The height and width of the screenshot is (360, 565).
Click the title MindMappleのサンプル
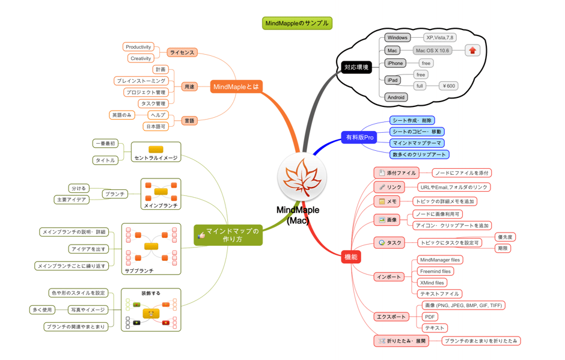(297, 23)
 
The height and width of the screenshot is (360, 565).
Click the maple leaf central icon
(302, 177)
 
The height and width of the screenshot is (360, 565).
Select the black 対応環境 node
(356, 67)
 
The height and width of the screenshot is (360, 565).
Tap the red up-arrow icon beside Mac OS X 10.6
(472, 50)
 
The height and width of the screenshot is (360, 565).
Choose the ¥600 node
(448, 86)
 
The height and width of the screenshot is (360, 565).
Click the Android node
(395, 97)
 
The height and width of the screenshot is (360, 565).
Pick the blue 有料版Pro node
(359, 137)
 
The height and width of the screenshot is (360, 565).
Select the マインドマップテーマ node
(417, 143)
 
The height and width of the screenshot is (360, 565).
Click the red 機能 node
(350, 257)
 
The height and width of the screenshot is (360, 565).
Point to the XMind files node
(432, 282)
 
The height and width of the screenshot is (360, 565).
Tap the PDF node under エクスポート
(430, 317)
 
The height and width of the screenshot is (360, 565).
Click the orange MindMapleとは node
(236, 87)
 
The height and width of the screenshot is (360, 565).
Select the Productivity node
(138, 47)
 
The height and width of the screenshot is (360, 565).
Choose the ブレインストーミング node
(141, 81)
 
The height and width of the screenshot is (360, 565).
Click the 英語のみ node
(122, 115)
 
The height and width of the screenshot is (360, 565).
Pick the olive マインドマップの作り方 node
(228, 235)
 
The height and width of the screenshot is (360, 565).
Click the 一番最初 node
(105, 144)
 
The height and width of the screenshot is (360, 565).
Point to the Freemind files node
(435, 271)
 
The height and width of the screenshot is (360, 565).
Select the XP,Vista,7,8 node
(439, 37)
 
